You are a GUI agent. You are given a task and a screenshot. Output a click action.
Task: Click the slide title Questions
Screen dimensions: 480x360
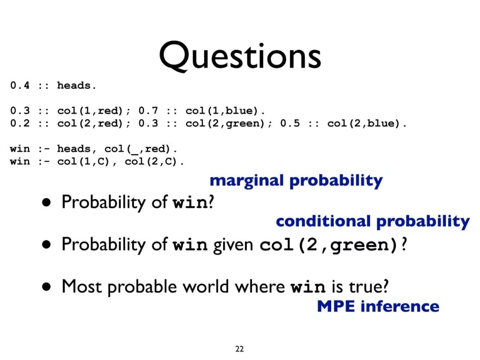coord(240,56)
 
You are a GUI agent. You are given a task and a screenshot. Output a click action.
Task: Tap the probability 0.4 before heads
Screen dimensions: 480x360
coord(20,85)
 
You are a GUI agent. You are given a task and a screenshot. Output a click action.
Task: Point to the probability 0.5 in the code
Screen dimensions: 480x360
coord(290,123)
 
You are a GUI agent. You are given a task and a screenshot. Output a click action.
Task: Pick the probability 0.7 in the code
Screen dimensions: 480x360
coord(148,110)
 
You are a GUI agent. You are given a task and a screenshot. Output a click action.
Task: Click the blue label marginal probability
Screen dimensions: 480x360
coord(296,181)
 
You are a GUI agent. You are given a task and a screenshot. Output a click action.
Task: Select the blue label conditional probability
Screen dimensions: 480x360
coord(372,222)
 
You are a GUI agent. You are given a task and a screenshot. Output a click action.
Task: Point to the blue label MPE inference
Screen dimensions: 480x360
coord(378,306)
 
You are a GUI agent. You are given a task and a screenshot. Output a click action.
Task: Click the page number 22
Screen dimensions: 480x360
coord(240,349)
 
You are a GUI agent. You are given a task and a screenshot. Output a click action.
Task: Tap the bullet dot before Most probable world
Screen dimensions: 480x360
coord(47,287)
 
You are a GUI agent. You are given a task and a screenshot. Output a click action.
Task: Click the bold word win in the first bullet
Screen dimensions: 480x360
coord(190,203)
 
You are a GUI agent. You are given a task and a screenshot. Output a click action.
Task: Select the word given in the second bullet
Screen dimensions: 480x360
coord(233,245)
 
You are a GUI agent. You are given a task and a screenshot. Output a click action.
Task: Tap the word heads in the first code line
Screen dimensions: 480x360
coord(74,85)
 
